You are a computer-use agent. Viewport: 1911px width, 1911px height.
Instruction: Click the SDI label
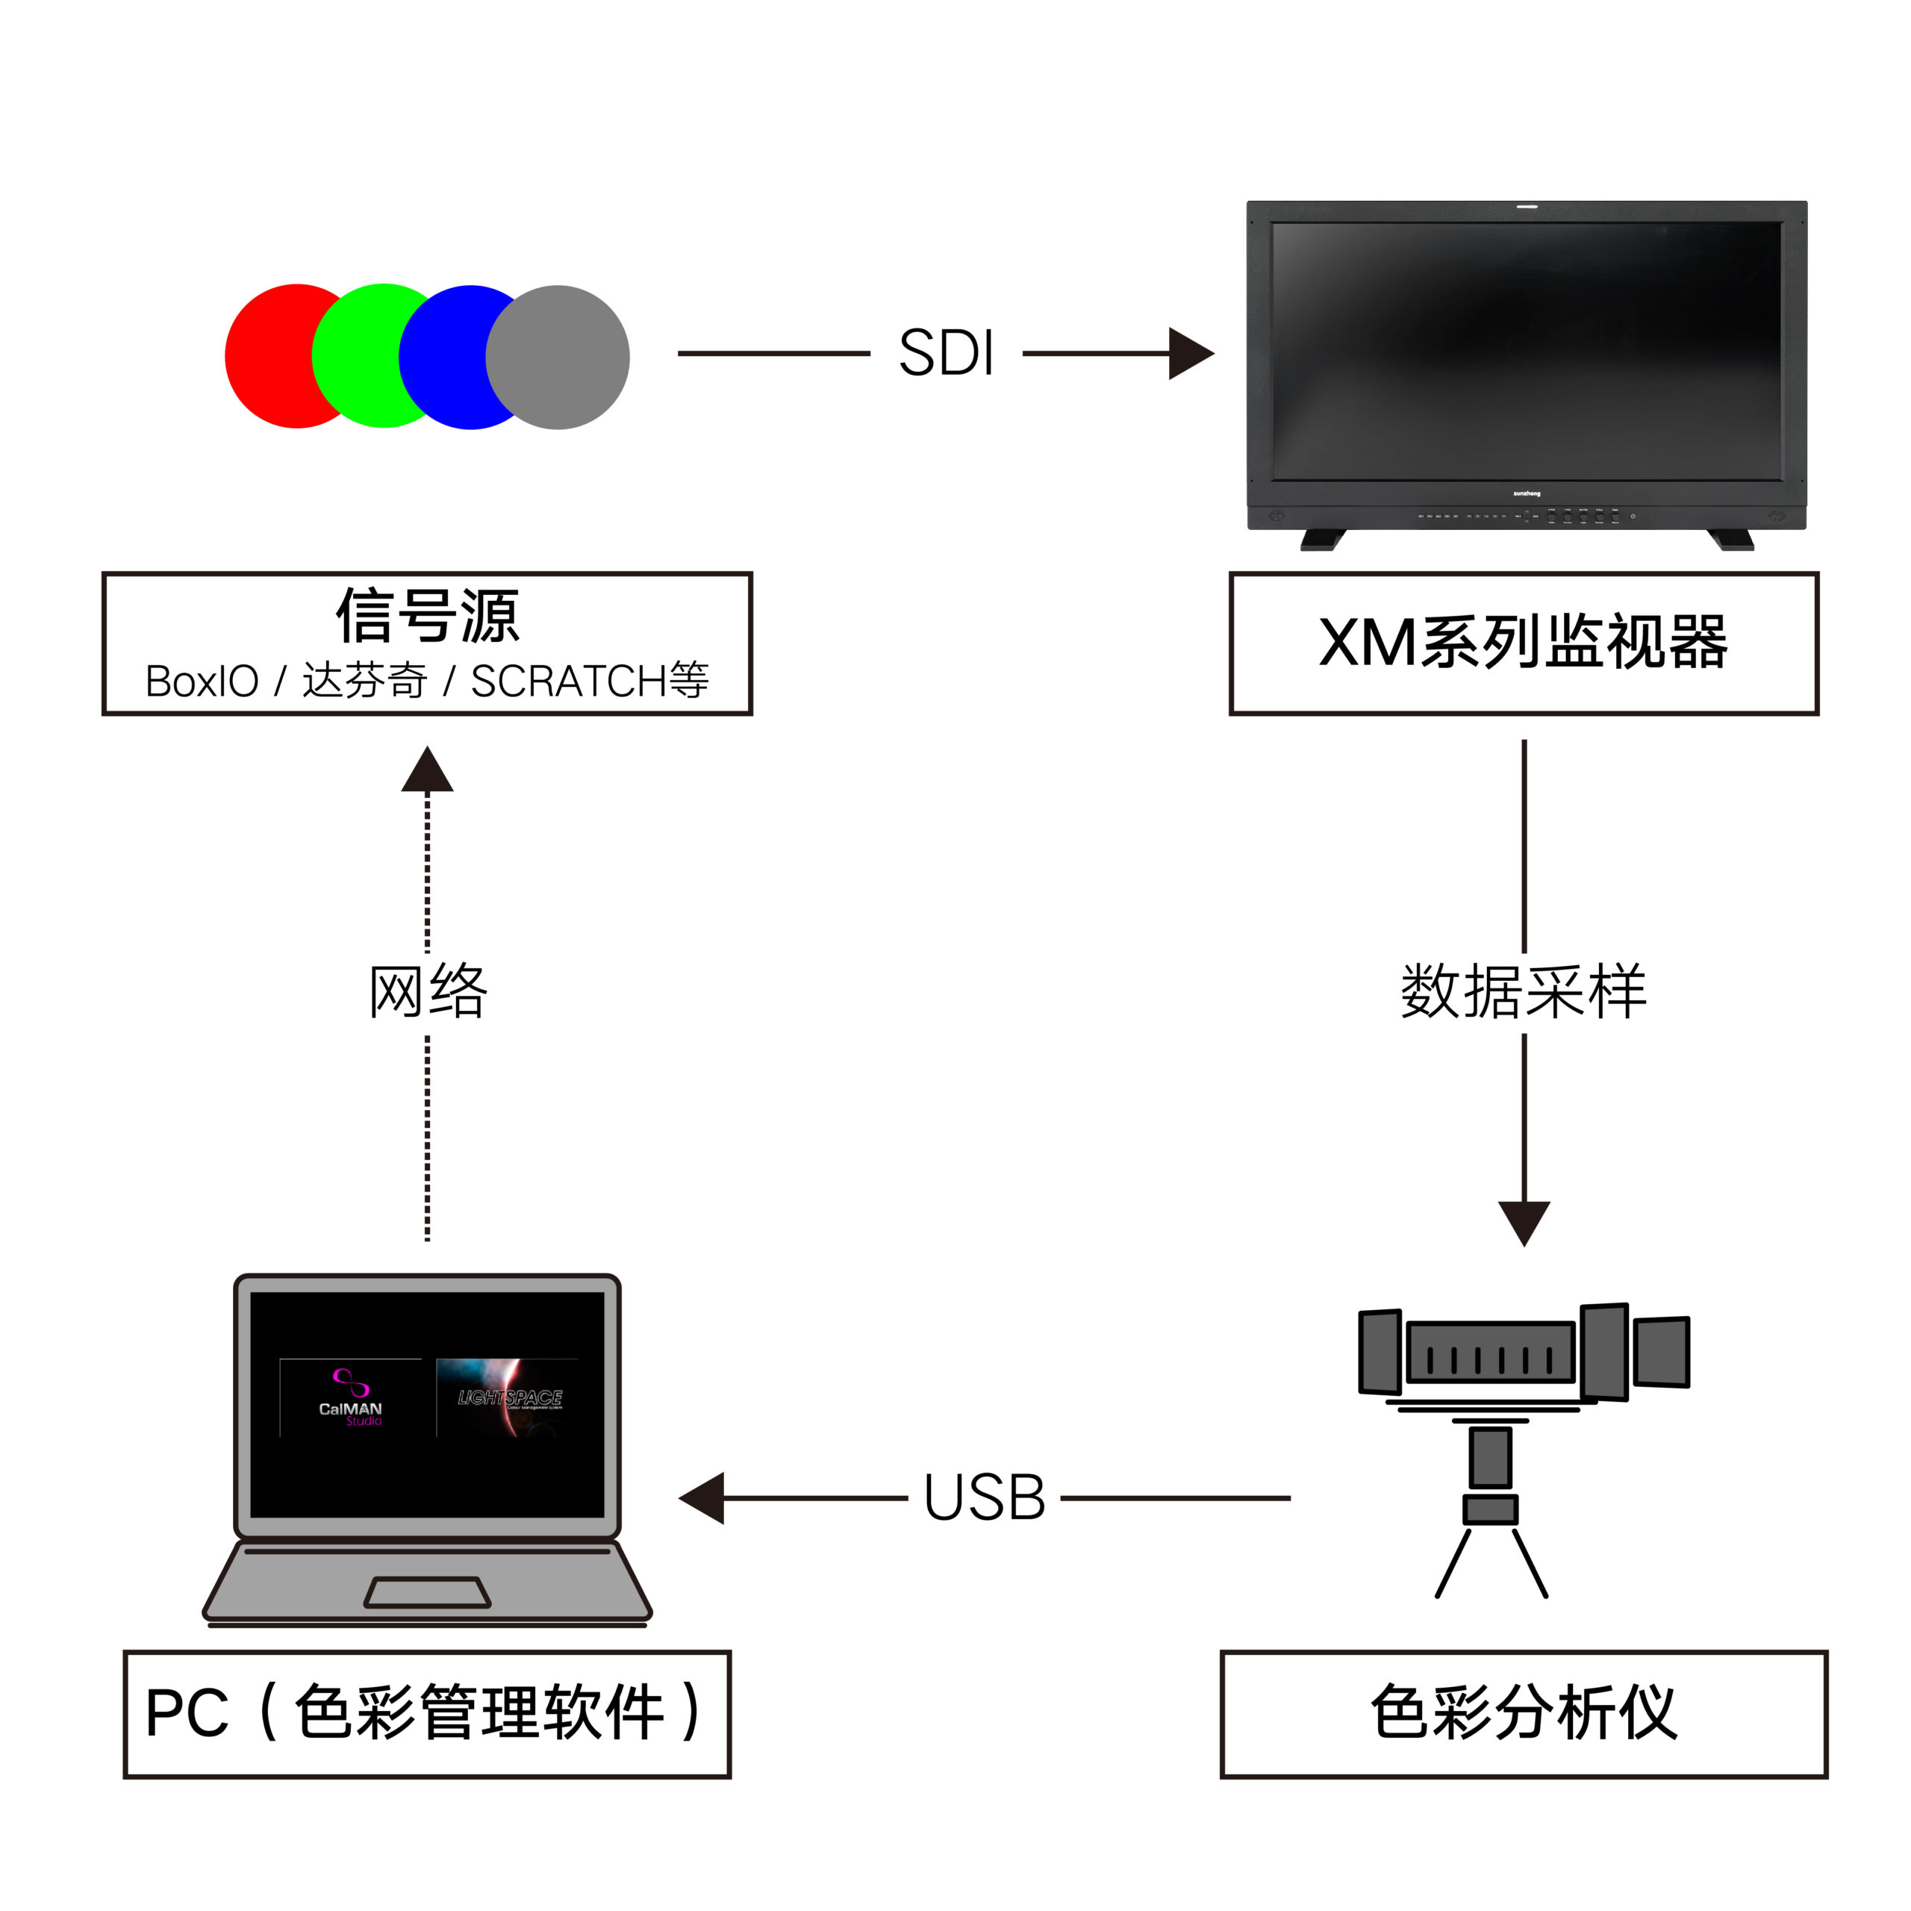[x=946, y=353]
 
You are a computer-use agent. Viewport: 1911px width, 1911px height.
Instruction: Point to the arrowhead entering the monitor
[x=1190, y=353]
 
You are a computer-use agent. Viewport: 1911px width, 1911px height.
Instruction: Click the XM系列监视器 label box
[x=1524, y=643]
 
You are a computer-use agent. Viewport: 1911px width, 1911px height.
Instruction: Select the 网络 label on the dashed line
[x=427, y=991]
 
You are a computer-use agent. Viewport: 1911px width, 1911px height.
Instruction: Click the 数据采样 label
[x=1524, y=991]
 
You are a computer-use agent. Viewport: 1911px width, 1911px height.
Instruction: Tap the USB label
[x=984, y=1497]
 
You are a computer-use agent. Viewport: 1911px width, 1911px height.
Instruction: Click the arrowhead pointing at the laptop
[x=702, y=1497]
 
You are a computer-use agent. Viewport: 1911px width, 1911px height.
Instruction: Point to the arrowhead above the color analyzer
[x=1524, y=1223]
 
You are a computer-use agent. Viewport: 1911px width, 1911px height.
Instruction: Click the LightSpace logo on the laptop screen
[x=508, y=1397]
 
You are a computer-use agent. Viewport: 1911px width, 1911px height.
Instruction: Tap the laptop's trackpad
[x=427, y=1592]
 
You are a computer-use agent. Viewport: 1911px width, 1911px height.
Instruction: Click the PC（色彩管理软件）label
[x=426, y=1713]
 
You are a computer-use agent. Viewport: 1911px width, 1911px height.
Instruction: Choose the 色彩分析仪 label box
[x=1524, y=1713]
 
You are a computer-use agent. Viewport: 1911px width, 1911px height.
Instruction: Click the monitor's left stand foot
[x=1323, y=540]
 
